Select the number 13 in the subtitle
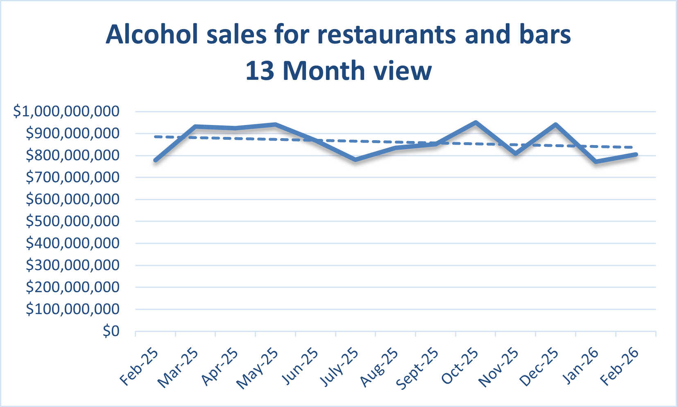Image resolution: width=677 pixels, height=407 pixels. point(259,71)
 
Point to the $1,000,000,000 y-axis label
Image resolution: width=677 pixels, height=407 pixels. point(66,111)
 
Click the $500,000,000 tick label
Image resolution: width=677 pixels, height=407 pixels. point(72,221)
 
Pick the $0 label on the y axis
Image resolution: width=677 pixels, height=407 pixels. point(111,331)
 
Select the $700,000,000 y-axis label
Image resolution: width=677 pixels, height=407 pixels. point(72,177)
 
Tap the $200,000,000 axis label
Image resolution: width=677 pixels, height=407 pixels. point(72,287)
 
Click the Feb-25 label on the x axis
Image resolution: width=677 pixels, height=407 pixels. point(139,367)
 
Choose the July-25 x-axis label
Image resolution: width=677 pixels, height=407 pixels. point(339,367)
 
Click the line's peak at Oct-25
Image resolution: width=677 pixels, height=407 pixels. point(475,122)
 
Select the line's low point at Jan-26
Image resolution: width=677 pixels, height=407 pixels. point(596,161)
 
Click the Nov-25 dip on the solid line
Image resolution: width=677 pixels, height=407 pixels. point(516,154)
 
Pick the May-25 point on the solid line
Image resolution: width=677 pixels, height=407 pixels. point(276,125)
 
